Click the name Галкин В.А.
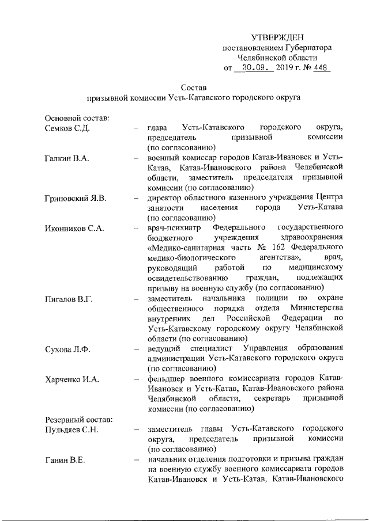tap(67, 158)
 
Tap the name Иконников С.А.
tap(74, 229)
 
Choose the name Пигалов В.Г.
tap(69, 299)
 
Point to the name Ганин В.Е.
tap(65, 459)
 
